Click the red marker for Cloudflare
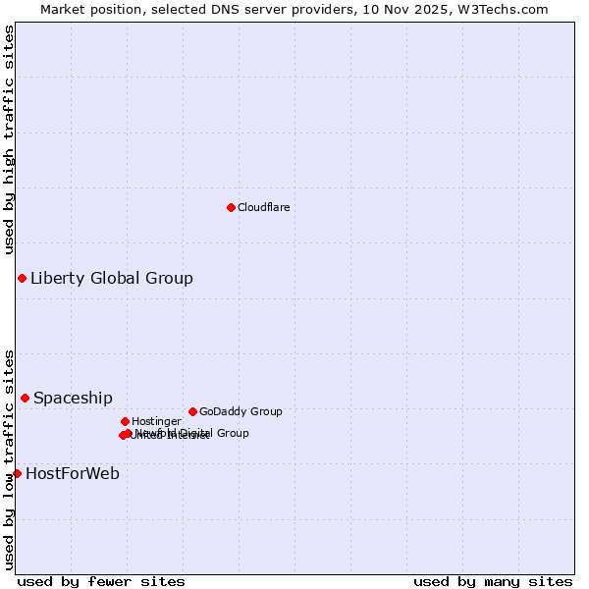[231, 207]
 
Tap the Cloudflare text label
[264, 207]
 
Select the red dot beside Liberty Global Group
[22, 278]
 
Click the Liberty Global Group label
[112, 278]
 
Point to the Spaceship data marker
[25, 398]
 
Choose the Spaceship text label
[73, 398]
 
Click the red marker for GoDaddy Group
[192, 411]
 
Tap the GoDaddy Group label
[241, 411]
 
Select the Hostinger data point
[125, 421]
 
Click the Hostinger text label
[156, 421]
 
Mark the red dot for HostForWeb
[17, 473]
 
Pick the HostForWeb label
[73, 473]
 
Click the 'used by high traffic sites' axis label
[9, 140]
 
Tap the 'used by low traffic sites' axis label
[9, 459]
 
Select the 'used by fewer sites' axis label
[101, 581]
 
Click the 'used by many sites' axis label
[493, 581]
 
